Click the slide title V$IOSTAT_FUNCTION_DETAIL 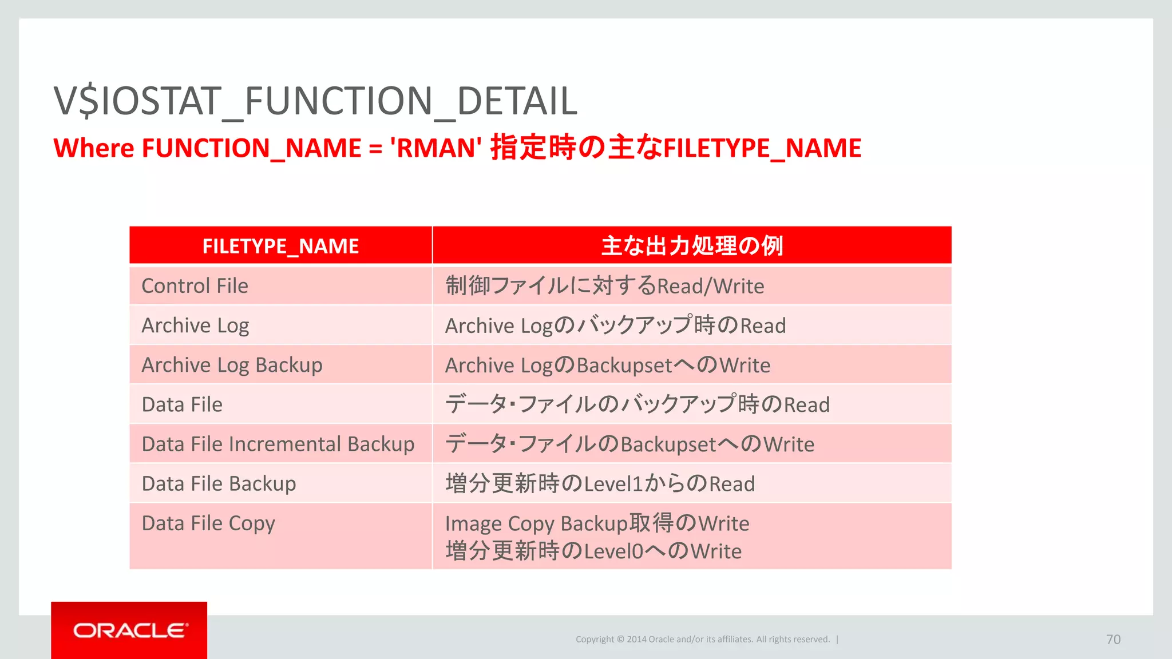coord(315,101)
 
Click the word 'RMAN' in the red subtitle coord(435,148)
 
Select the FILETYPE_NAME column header coord(280,246)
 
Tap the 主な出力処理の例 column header coord(691,246)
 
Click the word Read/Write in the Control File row coord(710,286)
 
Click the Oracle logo coord(129,630)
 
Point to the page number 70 coord(1113,640)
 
